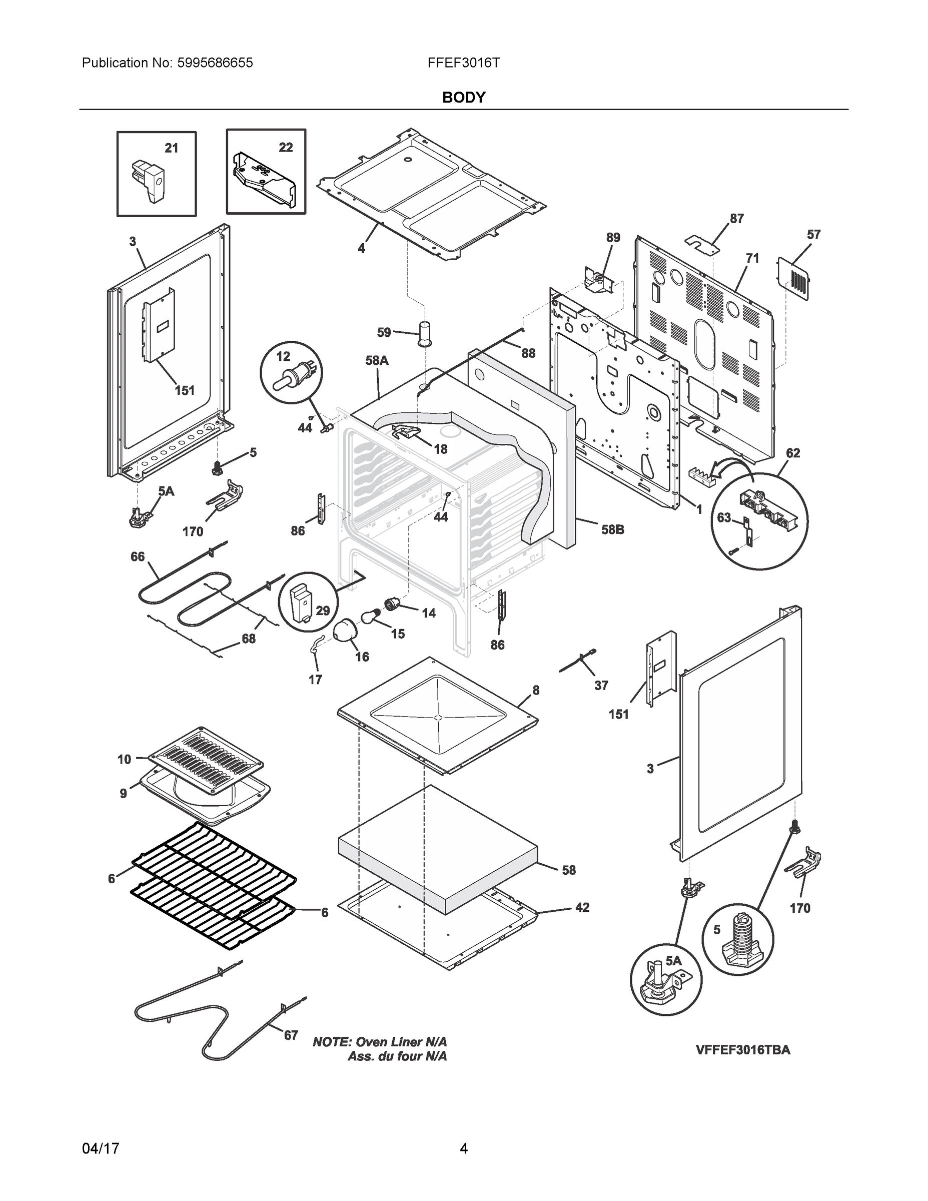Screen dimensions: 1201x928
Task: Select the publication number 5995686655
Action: [x=215, y=63]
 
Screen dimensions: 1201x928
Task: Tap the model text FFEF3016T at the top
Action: [x=463, y=63]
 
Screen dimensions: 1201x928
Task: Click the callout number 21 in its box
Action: [x=172, y=148]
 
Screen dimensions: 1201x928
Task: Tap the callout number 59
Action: [x=384, y=332]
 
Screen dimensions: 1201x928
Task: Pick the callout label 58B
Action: [x=612, y=529]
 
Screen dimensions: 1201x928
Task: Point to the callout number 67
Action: [x=291, y=1035]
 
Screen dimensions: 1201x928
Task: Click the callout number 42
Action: [x=582, y=907]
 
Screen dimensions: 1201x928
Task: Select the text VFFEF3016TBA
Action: [x=743, y=1049]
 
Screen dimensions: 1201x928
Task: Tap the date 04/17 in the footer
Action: [x=101, y=1148]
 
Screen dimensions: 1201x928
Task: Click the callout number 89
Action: [x=613, y=237]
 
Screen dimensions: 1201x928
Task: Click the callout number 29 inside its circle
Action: [x=323, y=611]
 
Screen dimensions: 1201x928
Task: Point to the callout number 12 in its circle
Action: [x=283, y=356]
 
